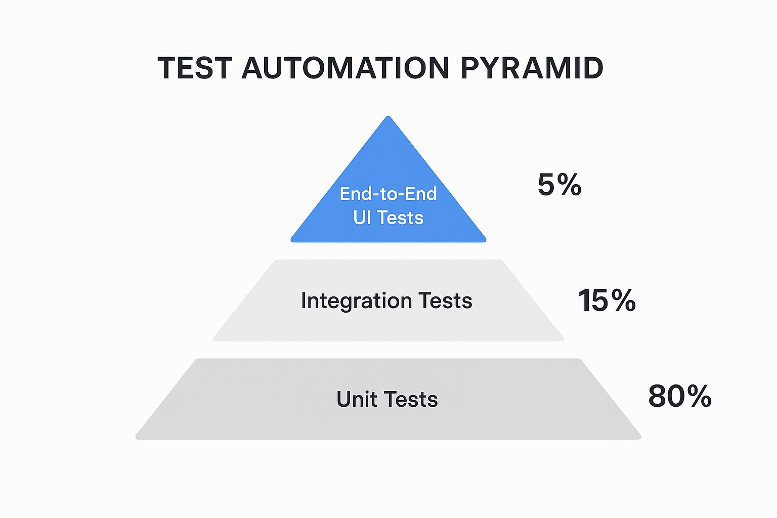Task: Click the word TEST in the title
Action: pyautogui.click(x=195, y=68)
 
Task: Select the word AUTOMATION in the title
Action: pyautogui.click(x=346, y=68)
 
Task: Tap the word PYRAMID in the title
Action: pyautogui.click(x=532, y=68)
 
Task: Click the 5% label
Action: pyautogui.click(x=559, y=185)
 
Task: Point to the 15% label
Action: pyautogui.click(x=607, y=300)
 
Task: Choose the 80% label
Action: pyautogui.click(x=679, y=396)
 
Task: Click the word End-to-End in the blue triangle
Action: pyautogui.click(x=388, y=194)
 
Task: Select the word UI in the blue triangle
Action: pyautogui.click(x=362, y=218)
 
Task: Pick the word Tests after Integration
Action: pyautogui.click(x=446, y=300)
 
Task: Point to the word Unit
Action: pyautogui.click(x=357, y=399)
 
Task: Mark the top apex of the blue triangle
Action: pyautogui.click(x=388, y=117)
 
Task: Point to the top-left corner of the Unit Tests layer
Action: pyautogui.click(x=197, y=360)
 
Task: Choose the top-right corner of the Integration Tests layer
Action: pyautogui.click(x=501, y=262)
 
